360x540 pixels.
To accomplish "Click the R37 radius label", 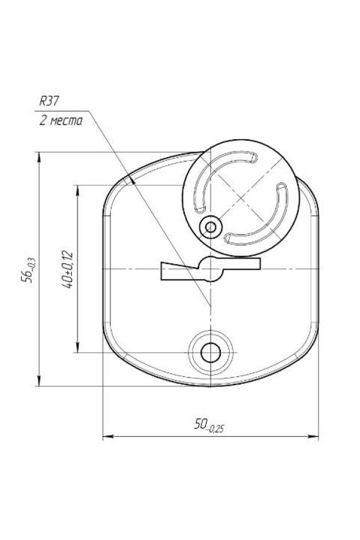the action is [x=49, y=101].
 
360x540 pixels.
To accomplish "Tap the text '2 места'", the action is [x=61, y=121].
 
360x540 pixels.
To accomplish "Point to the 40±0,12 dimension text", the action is [x=67, y=269].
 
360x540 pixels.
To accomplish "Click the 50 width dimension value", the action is [x=209, y=425].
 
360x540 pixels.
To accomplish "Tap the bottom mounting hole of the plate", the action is [x=211, y=353].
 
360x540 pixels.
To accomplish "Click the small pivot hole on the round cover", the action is [x=211, y=227].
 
